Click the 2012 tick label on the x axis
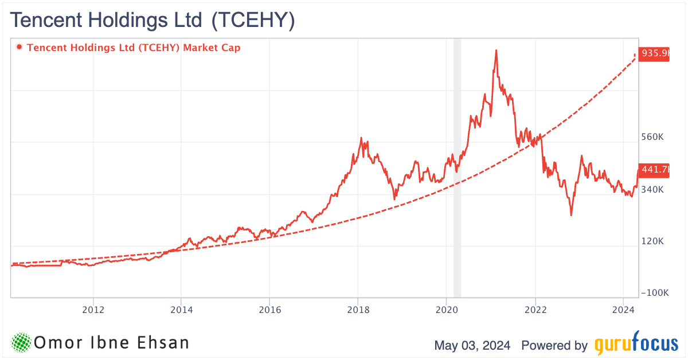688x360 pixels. click(x=93, y=311)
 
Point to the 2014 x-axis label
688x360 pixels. click(x=181, y=311)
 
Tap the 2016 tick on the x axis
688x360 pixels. click(x=269, y=311)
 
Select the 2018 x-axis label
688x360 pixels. click(x=358, y=311)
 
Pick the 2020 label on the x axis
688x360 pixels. click(x=446, y=311)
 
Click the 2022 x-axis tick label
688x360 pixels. click(x=534, y=311)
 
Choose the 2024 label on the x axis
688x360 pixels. click(x=623, y=311)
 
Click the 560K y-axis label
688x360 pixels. click(x=653, y=138)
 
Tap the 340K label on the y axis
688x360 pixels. click(x=653, y=189)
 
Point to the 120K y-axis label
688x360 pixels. click(x=653, y=241)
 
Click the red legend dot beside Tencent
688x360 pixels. click(x=20, y=48)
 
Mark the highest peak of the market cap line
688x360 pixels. click(x=496, y=50)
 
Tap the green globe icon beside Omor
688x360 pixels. click(x=21, y=343)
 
